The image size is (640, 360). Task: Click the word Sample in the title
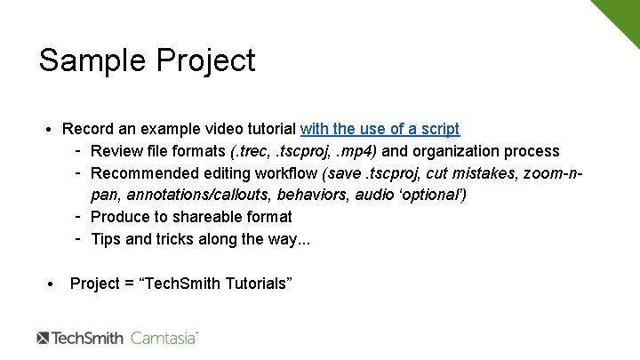(81, 60)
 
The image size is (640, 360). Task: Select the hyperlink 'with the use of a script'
(380, 129)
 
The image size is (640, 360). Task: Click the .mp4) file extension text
(356, 151)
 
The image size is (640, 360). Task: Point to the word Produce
(119, 216)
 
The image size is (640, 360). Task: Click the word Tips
(106, 237)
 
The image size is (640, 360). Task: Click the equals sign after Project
(129, 284)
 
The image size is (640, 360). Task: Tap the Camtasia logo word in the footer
(164, 338)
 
